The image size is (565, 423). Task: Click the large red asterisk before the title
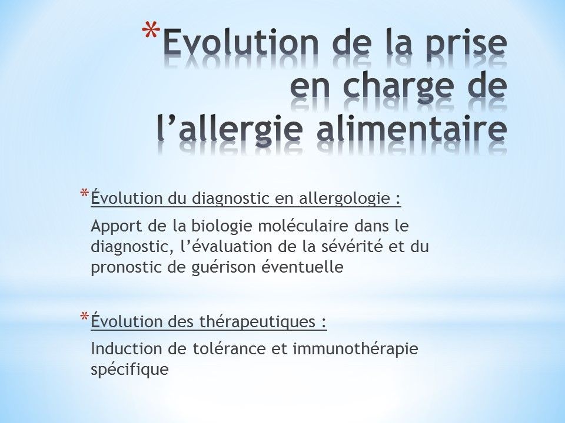pyautogui.click(x=151, y=30)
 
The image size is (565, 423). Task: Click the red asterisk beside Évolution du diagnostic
pyautogui.click(x=84, y=194)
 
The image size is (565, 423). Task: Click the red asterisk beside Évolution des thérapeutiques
pyautogui.click(x=84, y=317)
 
